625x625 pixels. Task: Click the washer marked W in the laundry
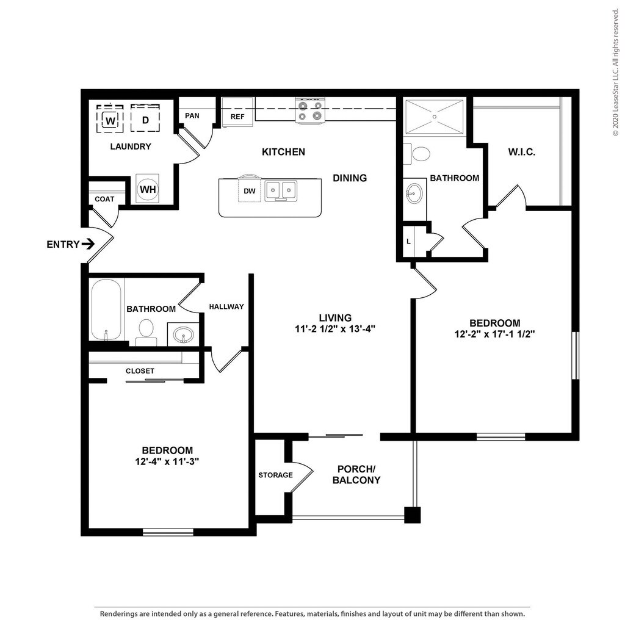click(x=110, y=119)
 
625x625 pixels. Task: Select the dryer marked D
click(x=145, y=119)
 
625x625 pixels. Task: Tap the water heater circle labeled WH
click(x=148, y=189)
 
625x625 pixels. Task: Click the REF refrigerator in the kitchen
click(x=237, y=112)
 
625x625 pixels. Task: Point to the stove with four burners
click(x=310, y=110)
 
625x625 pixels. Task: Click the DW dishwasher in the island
click(x=250, y=190)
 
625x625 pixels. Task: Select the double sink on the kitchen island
click(x=281, y=190)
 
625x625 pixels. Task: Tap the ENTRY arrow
click(x=88, y=244)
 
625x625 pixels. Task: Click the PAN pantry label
click(x=192, y=115)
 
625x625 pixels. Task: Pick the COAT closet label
click(x=104, y=199)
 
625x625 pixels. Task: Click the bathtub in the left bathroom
click(x=106, y=309)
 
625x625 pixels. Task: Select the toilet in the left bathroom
click(x=146, y=331)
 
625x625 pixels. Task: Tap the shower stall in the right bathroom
click(x=435, y=117)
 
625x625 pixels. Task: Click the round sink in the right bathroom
click(x=414, y=193)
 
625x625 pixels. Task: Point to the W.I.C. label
click(x=521, y=152)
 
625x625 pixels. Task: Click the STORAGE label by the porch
click(x=275, y=475)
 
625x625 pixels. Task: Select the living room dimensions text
click(x=335, y=329)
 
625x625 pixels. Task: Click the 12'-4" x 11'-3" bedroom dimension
click(x=167, y=461)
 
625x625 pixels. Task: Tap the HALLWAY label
click(x=226, y=306)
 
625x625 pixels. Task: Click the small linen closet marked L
click(x=408, y=241)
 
